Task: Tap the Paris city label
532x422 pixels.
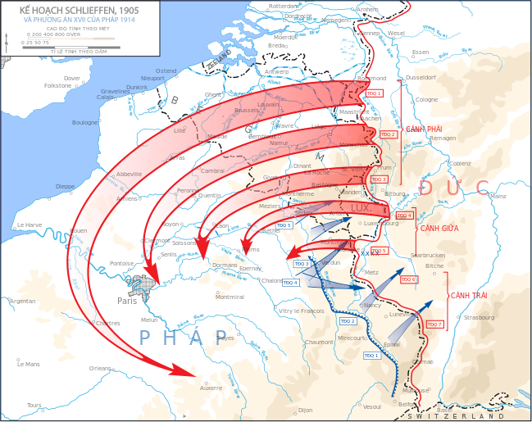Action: click(126, 300)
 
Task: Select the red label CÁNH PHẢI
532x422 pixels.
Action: click(424, 129)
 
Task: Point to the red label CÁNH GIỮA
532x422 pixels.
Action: click(439, 229)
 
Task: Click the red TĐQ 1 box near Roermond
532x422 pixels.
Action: click(375, 94)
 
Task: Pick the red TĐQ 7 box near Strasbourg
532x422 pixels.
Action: click(434, 324)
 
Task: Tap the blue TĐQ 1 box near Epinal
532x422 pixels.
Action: click(371, 355)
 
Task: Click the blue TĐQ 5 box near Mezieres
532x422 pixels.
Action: click(284, 225)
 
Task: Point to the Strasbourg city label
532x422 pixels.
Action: click(480, 317)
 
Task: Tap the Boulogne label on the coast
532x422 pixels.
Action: click(84, 122)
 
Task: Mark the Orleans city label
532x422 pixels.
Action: click(100, 368)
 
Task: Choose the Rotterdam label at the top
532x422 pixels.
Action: click(284, 6)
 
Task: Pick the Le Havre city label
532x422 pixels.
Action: click(29, 225)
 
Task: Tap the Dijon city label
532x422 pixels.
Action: click(306, 409)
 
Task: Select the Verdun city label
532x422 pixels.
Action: click(332, 262)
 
